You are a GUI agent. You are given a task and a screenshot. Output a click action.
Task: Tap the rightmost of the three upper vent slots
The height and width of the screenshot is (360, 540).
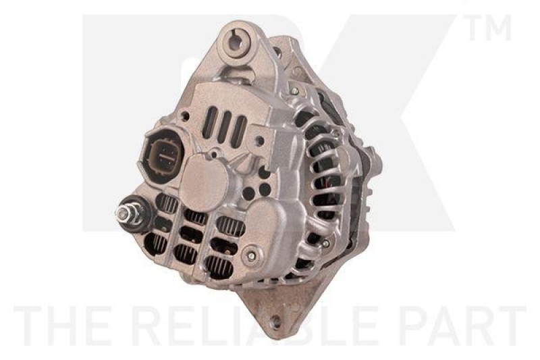pos(240,130)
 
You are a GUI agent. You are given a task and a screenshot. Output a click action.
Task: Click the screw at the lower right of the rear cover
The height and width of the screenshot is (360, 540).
pos(251,255)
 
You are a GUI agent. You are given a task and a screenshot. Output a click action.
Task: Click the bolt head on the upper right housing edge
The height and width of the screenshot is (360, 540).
pos(294,90)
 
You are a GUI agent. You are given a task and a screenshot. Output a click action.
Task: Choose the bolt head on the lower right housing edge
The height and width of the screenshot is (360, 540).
pos(325,243)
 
